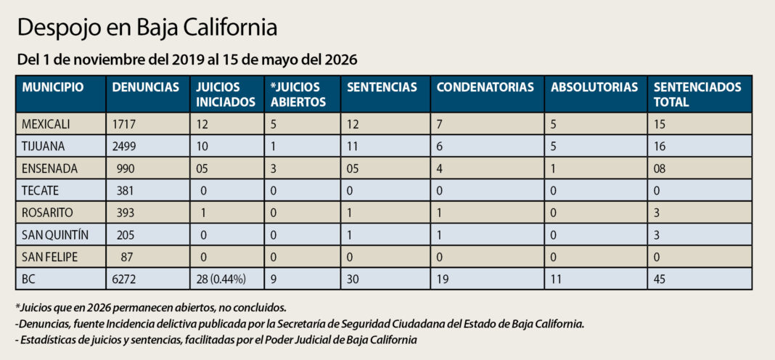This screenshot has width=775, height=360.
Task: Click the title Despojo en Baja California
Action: pyautogui.click(x=147, y=28)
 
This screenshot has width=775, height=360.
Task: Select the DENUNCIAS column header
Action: pyautogui.click(x=145, y=88)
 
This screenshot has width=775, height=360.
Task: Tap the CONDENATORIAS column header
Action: pyautogui.click(x=485, y=88)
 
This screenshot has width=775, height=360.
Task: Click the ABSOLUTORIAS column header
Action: pyautogui.click(x=594, y=88)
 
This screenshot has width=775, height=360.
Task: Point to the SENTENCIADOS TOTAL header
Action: pyautogui.click(x=697, y=94)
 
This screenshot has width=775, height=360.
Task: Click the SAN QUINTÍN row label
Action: pyautogui.click(x=55, y=235)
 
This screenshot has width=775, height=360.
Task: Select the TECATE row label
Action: pyautogui.click(x=39, y=191)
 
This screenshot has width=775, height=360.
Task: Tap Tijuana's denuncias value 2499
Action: pyautogui.click(x=123, y=147)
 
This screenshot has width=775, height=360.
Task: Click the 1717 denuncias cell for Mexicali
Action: pyautogui.click(x=123, y=125)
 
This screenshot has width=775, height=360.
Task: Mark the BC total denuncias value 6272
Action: pyautogui.click(x=123, y=280)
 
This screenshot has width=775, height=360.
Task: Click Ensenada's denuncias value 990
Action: pyautogui.click(x=126, y=168)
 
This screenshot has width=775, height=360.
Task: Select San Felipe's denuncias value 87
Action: pyautogui.click(x=128, y=258)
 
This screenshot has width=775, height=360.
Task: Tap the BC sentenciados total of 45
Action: pyautogui.click(x=660, y=280)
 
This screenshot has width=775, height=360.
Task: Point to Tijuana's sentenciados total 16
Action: pyautogui.click(x=660, y=147)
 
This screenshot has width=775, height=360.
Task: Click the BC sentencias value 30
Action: pyautogui.click(x=353, y=280)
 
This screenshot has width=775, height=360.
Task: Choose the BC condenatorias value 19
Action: pyautogui.click(x=443, y=280)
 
